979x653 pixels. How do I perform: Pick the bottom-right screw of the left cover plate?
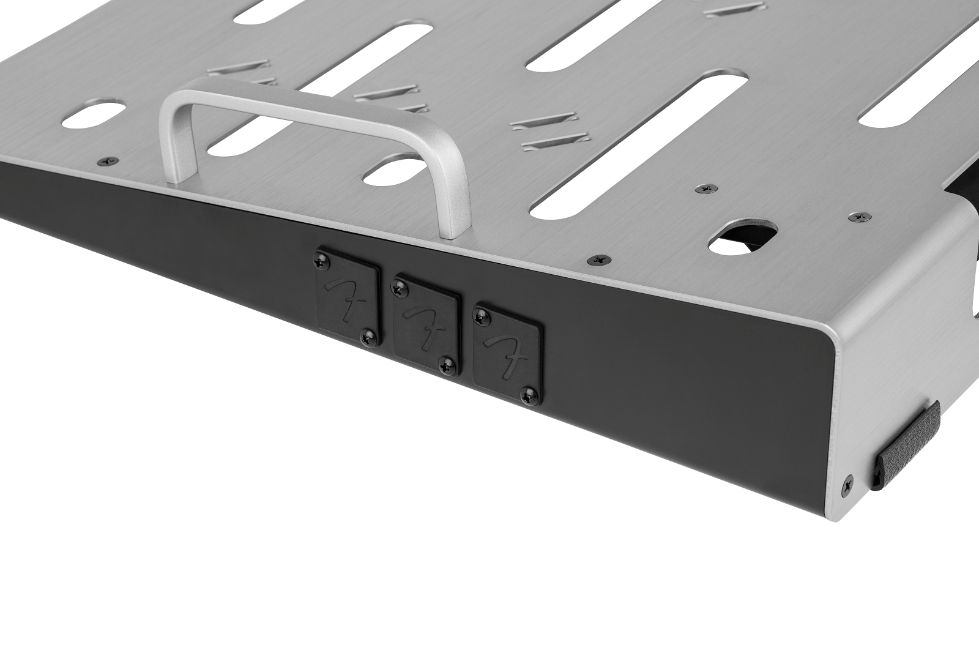[368, 334]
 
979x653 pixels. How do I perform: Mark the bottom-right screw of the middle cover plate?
[449, 365]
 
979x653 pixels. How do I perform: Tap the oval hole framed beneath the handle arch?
[392, 173]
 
